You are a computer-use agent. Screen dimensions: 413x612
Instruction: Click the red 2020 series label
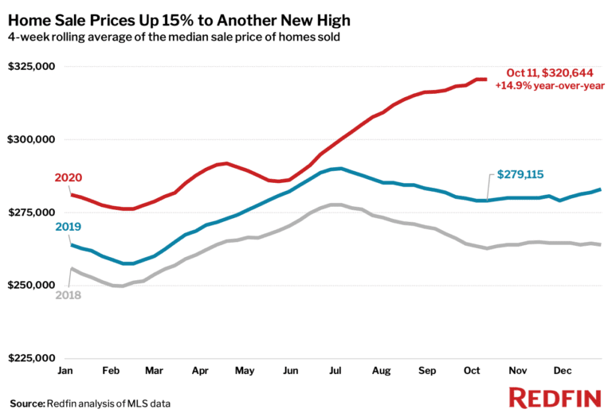point(69,177)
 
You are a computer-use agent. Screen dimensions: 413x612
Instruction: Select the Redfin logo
point(555,397)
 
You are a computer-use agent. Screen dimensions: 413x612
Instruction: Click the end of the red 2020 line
point(486,79)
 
